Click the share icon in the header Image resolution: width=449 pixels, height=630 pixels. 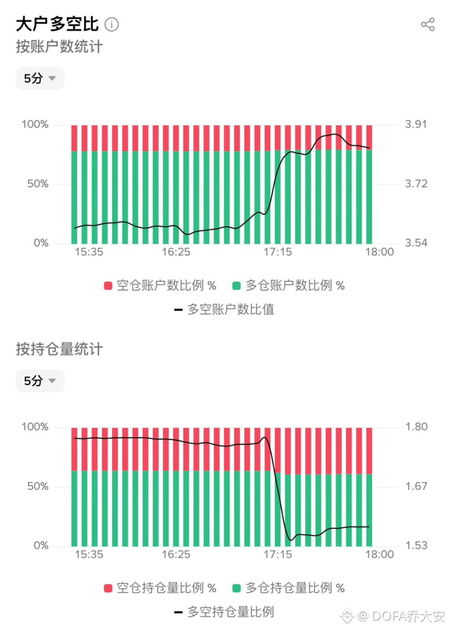click(427, 24)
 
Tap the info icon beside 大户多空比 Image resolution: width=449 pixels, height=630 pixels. click(111, 24)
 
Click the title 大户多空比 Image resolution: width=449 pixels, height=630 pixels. click(57, 24)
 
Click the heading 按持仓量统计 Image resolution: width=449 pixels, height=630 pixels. click(59, 350)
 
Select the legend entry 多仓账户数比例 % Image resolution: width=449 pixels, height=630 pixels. click(288, 286)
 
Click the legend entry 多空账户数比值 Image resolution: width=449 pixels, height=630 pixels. click(224, 310)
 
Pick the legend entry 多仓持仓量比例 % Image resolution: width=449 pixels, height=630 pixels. click(288, 588)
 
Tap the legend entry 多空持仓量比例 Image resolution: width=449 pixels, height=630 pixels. click(224, 612)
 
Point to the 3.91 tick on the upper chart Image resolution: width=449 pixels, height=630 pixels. click(415, 124)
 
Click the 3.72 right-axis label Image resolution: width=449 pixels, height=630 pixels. click(415, 184)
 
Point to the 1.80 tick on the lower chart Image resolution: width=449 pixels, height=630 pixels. click(415, 427)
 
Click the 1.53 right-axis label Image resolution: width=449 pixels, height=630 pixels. click(415, 546)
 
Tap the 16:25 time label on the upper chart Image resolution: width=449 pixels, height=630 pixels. click(176, 252)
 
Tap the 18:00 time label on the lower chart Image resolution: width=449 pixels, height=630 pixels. click(379, 555)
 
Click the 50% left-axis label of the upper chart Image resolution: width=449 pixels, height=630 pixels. click(35, 184)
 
